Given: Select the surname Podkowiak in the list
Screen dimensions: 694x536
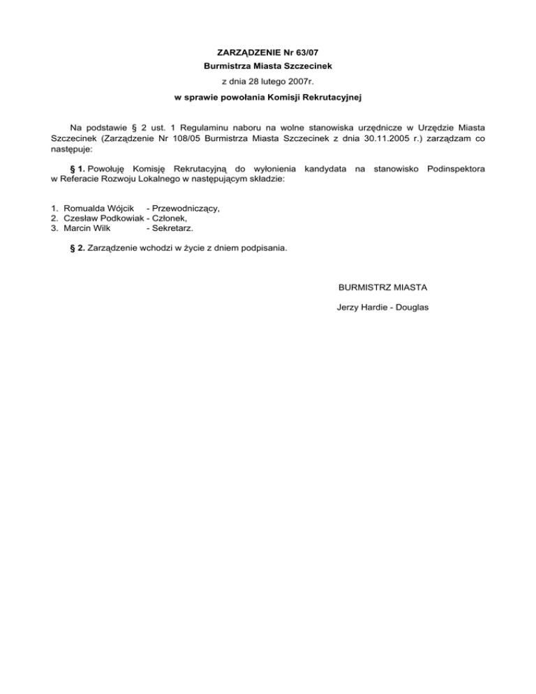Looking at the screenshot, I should tap(120, 218).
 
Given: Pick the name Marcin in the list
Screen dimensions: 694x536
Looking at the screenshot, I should tap(78, 228).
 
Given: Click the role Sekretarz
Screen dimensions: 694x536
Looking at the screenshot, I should tap(173, 228).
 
